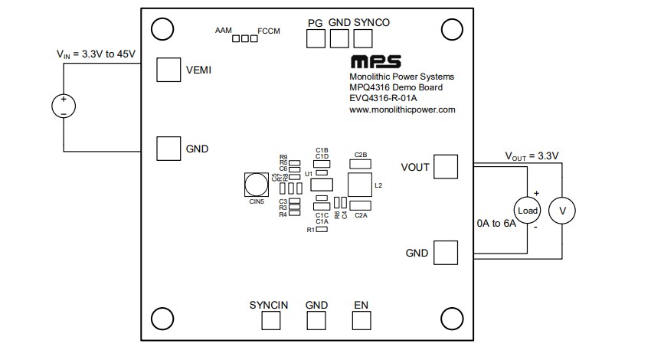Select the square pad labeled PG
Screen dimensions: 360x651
pos(316,39)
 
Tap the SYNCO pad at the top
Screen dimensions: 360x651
pos(362,39)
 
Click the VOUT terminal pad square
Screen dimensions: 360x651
pos(446,166)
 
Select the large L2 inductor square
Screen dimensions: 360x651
pos(359,185)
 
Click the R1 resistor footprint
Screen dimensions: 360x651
pos(322,230)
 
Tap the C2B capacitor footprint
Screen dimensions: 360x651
pos(361,162)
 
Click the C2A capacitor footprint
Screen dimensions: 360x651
pos(361,207)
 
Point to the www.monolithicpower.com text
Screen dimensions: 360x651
pos(402,110)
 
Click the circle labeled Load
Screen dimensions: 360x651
pos(528,211)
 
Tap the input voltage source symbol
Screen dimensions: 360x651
pos(63,106)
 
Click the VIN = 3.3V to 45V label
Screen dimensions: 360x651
pos(96,54)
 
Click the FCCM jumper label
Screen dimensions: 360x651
pos(270,31)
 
